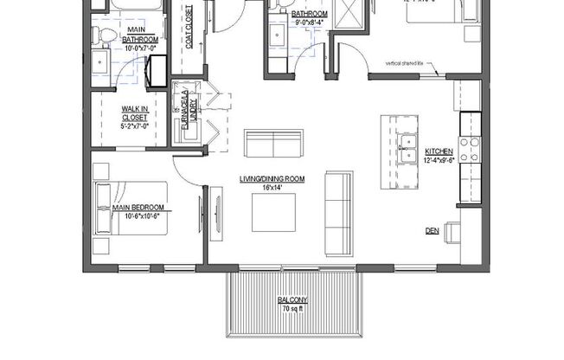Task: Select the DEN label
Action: pyautogui.click(x=432, y=231)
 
